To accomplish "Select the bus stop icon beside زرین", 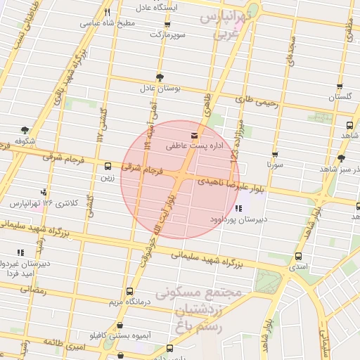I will [x=108, y=167].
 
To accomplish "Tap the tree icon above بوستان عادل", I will [x=160, y=77].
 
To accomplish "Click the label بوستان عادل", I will [x=160, y=89].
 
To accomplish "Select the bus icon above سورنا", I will [x=274, y=155].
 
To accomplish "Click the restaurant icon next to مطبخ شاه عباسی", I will [x=107, y=12].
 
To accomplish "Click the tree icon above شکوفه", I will [x=25, y=130].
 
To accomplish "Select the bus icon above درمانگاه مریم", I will [x=129, y=290].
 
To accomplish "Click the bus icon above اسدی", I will [x=299, y=257].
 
